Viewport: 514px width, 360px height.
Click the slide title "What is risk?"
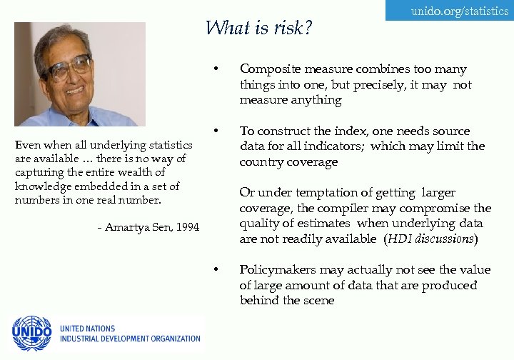click(259, 28)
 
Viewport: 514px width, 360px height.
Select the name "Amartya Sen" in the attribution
click(139, 227)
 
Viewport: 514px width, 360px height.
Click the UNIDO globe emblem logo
click(31, 333)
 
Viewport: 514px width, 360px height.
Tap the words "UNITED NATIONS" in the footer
click(87, 329)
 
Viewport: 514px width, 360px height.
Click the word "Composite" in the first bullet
click(266, 69)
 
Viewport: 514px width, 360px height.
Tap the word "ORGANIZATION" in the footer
click(171, 339)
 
